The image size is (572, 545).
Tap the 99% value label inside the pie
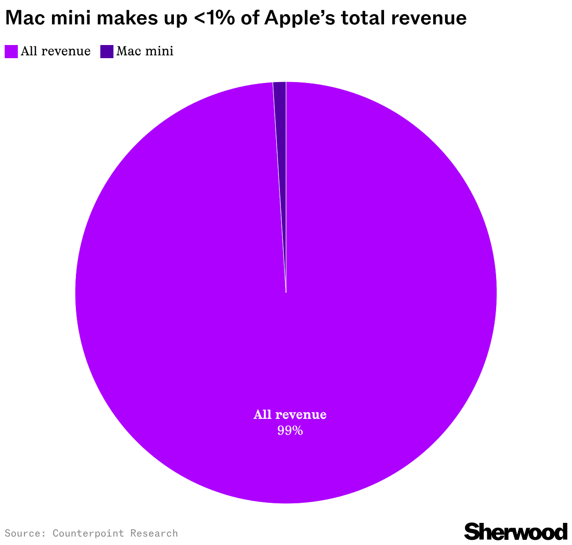coord(290,431)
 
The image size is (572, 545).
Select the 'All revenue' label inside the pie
coord(290,415)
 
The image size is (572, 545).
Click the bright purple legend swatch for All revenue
coord(11,52)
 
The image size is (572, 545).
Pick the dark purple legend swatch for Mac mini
coord(107,52)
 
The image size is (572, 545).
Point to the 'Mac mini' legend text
coord(145,51)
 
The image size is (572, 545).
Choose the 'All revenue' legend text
coord(56,51)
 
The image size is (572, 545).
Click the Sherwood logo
coord(516,531)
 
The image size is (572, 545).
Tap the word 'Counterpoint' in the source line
coord(88,533)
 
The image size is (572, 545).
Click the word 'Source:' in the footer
coord(25,533)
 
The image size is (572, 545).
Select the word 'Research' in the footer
coord(154,533)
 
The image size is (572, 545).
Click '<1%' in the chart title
coord(214,18)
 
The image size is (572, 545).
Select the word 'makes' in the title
coord(127,18)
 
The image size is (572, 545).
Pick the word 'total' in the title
coord(363,18)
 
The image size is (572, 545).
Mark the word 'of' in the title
coord(250,18)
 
